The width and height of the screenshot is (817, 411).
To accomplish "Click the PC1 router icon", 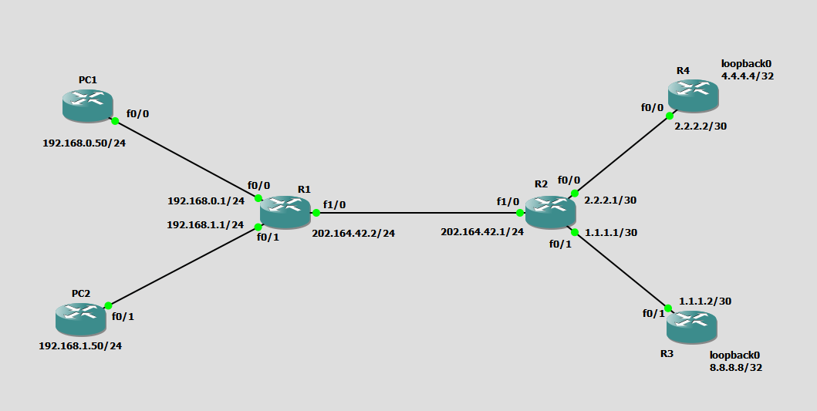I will pyautogui.click(x=88, y=105).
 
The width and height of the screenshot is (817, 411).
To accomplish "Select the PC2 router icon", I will pyautogui.click(x=81, y=319).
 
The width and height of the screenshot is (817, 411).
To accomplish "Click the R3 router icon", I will pyautogui.click(x=692, y=327).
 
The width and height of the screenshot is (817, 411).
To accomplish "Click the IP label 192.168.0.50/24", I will pyautogui.click(x=84, y=143).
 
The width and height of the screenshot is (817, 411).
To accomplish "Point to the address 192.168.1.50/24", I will pyautogui.click(x=80, y=345).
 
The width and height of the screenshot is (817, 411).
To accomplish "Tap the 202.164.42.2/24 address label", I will pyautogui.click(x=353, y=233).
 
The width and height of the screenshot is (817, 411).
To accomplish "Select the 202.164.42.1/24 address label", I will pyautogui.click(x=482, y=231).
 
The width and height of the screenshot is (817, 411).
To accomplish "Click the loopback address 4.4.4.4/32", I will pyautogui.click(x=747, y=76).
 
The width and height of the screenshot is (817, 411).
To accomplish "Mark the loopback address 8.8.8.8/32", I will pyautogui.click(x=736, y=368).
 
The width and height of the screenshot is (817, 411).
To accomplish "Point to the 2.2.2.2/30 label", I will pyautogui.click(x=701, y=126).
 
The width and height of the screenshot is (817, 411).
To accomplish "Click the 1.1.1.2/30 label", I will pyautogui.click(x=705, y=301).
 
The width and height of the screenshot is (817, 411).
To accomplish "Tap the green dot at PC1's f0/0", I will pyautogui.click(x=115, y=121).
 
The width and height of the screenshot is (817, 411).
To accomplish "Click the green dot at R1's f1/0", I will pyautogui.click(x=316, y=213).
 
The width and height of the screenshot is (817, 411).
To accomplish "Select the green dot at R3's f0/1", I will pyautogui.click(x=668, y=308).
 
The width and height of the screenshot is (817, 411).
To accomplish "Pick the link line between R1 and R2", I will pyautogui.click(x=417, y=213).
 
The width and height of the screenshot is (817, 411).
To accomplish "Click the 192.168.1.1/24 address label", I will pyautogui.click(x=206, y=225).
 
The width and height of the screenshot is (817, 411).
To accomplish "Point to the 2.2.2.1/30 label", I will pyautogui.click(x=610, y=200).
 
